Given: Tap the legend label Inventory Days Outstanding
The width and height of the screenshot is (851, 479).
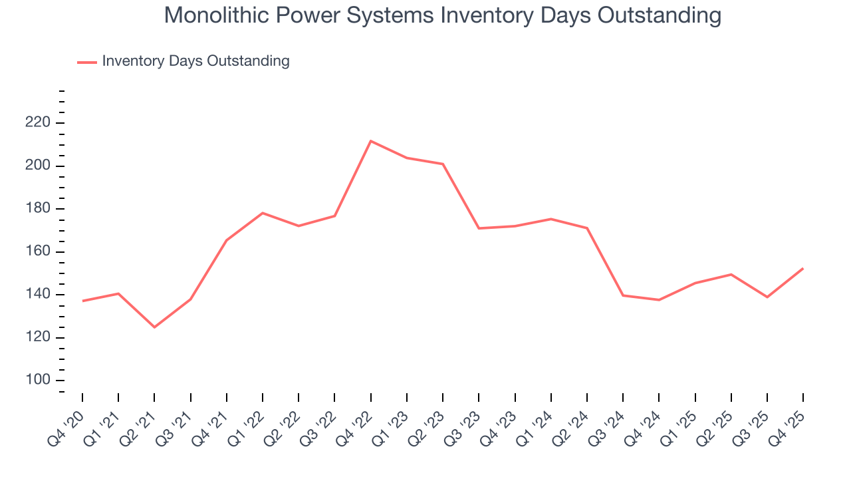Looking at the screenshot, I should coord(195,61).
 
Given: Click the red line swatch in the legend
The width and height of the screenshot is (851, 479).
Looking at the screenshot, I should coord(87,62).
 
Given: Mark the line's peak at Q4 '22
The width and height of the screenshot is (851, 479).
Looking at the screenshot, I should coord(370,141).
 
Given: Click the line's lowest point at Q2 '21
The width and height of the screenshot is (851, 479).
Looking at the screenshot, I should coord(154,327).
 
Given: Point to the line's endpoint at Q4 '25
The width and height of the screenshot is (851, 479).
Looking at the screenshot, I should coord(803,268).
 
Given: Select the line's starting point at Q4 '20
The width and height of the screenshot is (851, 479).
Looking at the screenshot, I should coord(82,301).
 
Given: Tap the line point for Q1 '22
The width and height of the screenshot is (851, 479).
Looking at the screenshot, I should coord(263,213).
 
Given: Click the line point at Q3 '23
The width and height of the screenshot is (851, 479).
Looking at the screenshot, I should coord(479,228).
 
